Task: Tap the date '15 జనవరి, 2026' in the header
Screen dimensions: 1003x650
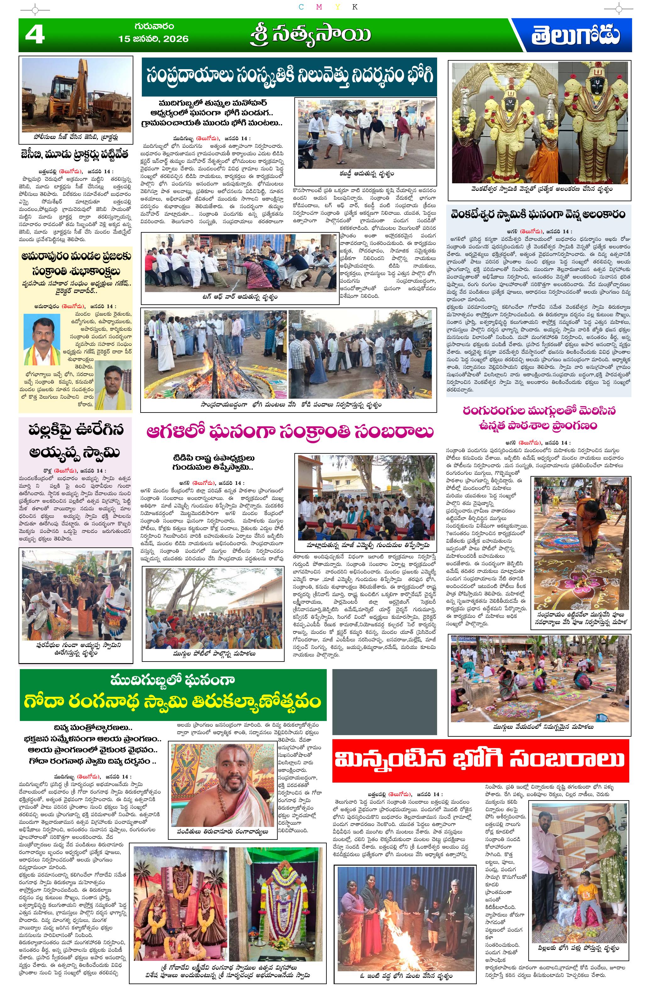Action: point(153,39)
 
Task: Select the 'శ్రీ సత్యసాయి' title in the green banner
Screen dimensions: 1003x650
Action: point(311,35)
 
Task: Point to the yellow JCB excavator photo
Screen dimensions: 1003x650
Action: point(76,95)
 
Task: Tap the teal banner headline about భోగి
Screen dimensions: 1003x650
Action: point(289,77)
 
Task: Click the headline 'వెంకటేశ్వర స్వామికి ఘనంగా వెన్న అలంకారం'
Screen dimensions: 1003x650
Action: point(538,214)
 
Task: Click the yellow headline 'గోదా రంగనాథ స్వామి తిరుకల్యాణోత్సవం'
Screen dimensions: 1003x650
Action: point(173,702)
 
